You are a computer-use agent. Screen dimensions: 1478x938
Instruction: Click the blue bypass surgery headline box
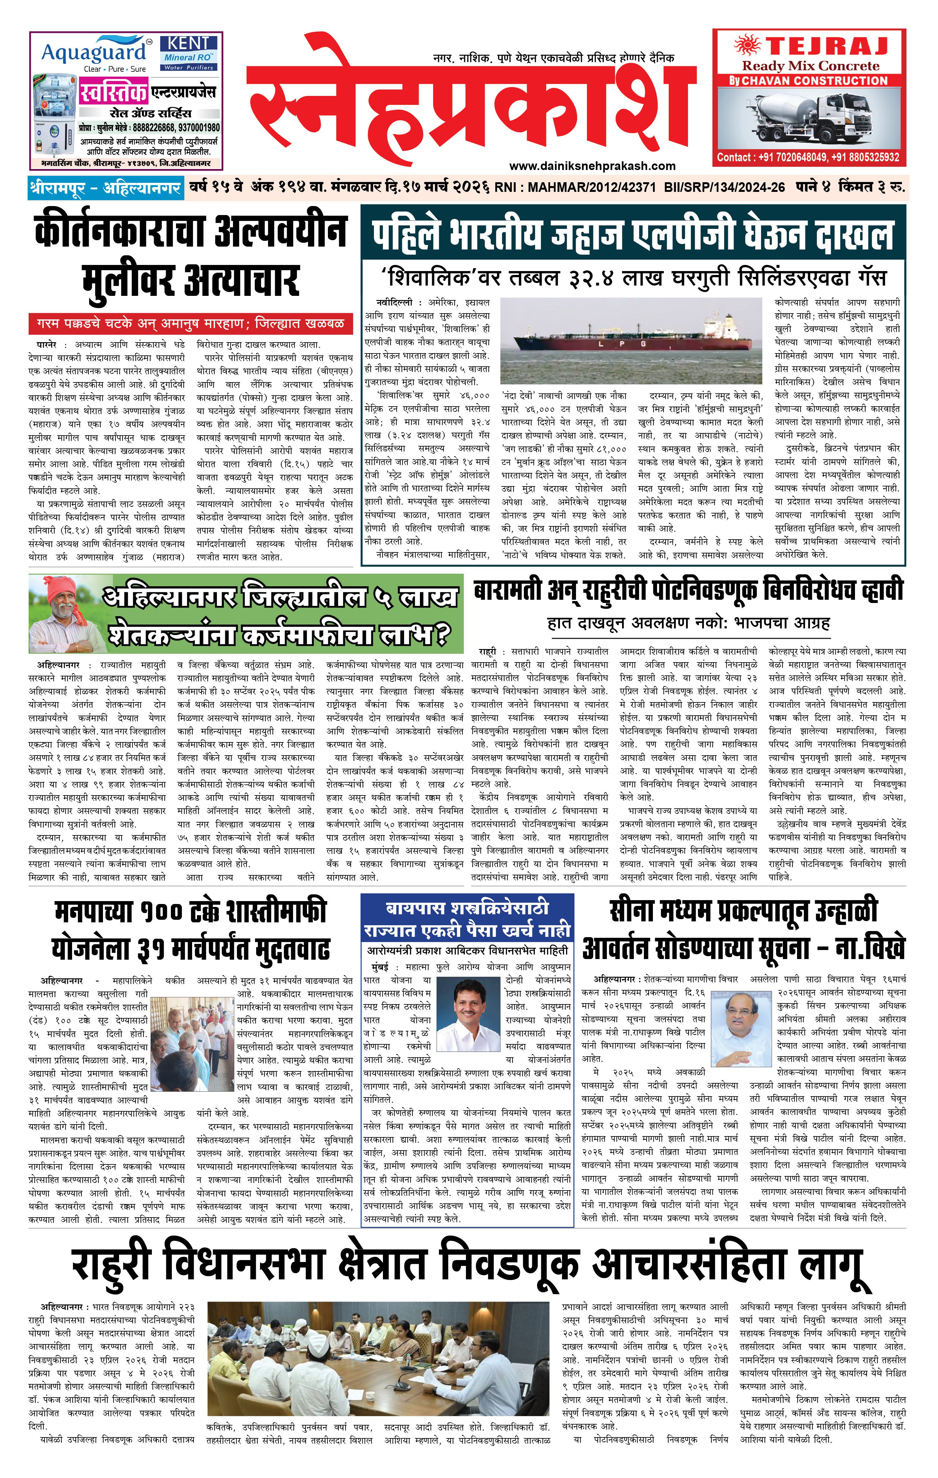(468, 919)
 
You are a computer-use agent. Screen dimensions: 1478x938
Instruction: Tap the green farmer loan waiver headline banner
(246, 614)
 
